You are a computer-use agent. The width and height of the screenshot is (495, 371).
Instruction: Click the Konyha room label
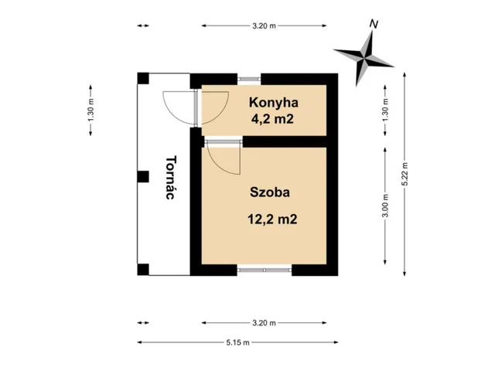272,103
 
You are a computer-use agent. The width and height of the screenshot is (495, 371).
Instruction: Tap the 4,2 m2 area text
272,119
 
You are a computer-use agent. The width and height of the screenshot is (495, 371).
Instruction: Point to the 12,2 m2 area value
272,219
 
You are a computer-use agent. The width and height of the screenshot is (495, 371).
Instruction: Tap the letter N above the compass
374,25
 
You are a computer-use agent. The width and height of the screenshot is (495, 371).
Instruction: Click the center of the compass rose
364,54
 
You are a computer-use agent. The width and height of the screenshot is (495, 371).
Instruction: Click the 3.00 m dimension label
385,206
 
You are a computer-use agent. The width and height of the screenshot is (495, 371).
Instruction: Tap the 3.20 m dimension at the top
264,26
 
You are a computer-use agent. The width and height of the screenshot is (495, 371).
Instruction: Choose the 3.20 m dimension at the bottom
264,323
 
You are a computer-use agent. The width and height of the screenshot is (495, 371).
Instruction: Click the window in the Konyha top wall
249,78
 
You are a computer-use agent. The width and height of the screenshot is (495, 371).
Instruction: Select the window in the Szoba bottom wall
264,270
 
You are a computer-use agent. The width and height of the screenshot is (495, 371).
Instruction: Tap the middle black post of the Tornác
142,176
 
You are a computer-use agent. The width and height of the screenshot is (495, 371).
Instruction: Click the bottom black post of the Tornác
142,270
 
